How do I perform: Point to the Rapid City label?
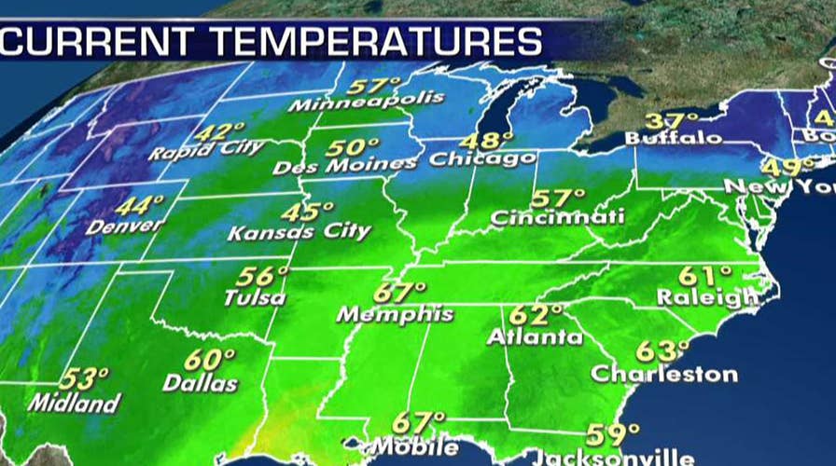(206, 149)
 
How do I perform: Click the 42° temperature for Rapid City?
(225, 131)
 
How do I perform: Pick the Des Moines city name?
(345, 166)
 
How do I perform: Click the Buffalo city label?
(673, 139)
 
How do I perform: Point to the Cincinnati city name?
(556, 219)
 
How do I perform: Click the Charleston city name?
(664, 375)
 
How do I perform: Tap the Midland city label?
(75, 404)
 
